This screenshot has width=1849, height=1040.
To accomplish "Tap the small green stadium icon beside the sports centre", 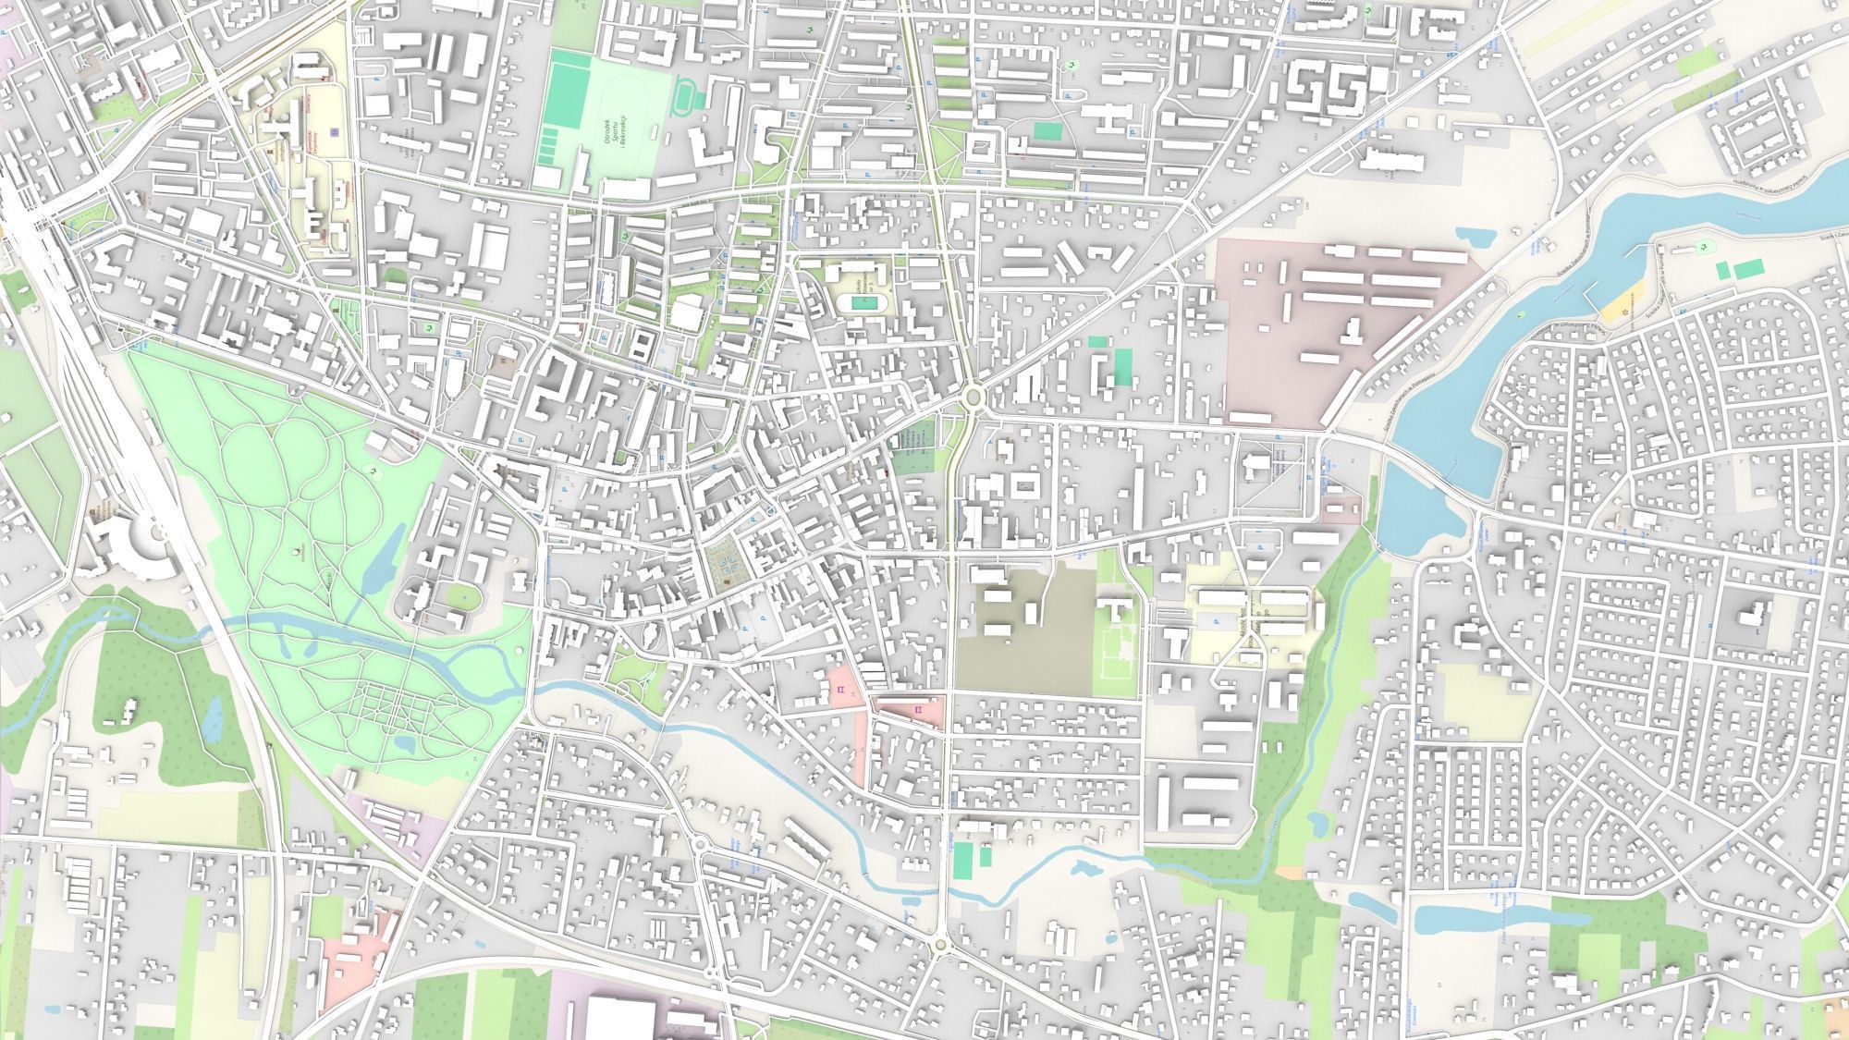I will click(685, 96).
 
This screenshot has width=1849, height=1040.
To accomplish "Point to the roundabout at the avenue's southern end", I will click(941, 944).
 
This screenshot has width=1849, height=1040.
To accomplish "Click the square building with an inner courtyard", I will click(1023, 483).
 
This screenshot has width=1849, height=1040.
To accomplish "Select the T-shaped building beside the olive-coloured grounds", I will click(1116, 607).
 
